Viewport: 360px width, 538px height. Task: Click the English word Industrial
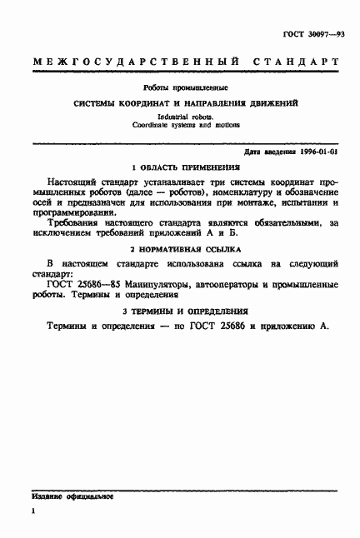coord(157,117)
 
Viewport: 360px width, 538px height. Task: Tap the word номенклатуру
coord(238,193)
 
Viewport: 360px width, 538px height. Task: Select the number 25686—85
coord(98,286)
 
